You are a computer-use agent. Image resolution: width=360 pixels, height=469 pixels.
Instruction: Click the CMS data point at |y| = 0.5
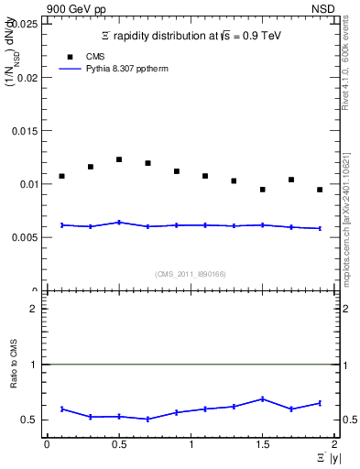pyautogui.click(x=119, y=159)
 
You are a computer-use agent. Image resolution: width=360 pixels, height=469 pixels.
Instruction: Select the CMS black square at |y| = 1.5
pyautogui.click(x=263, y=190)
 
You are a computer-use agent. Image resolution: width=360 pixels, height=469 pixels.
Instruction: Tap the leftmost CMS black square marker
pyautogui.click(x=61, y=176)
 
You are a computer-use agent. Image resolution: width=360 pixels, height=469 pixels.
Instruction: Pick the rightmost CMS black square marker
pyautogui.click(x=320, y=190)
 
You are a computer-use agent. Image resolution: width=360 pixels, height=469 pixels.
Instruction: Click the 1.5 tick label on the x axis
pyautogui.click(x=262, y=444)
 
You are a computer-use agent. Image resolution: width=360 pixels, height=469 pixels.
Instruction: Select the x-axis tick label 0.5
pyautogui.click(x=118, y=444)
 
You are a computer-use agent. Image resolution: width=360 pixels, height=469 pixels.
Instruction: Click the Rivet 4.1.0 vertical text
pyautogui.click(x=345, y=69)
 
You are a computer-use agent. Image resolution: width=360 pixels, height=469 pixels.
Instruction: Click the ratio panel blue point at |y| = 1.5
pyautogui.click(x=263, y=398)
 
